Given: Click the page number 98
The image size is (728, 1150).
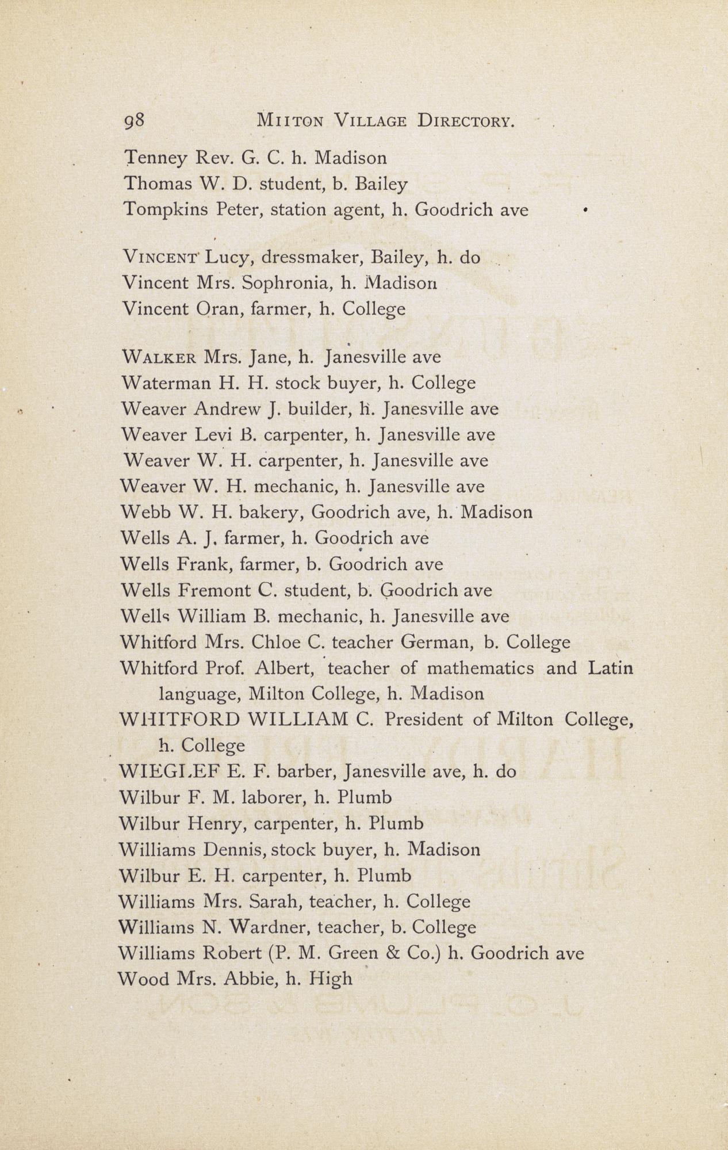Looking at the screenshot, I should pos(136,121).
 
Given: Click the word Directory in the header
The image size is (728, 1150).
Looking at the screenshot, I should pos(465,121).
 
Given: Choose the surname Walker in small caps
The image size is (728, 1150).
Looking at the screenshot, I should pos(159,357).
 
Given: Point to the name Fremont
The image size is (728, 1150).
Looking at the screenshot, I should pos(214,590).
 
